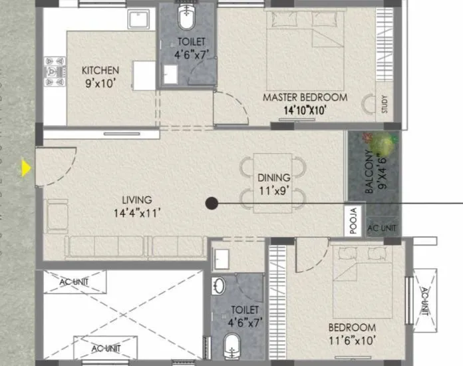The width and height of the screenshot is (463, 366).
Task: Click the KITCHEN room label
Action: pyautogui.click(x=100, y=71)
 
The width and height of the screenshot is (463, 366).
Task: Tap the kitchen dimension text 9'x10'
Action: pyautogui.click(x=100, y=84)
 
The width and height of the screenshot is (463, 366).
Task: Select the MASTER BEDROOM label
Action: pyautogui.click(x=305, y=97)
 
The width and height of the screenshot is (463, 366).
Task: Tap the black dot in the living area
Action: pyautogui.click(x=210, y=204)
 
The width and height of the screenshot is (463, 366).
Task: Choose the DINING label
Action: pyautogui.click(x=274, y=178)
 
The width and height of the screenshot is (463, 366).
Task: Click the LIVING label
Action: pyautogui.click(x=136, y=200)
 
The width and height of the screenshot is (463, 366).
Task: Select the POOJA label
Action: pyautogui.click(x=354, y=222)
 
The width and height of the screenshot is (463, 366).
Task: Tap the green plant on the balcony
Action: pyautogui.click(x=381, y=143)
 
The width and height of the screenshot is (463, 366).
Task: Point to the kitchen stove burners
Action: pyautogui.click(x=53, y=70)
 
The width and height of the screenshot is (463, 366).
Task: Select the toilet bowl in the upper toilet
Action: pyautogui.click(x=185, y=18)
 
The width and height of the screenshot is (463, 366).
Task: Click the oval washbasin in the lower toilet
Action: pyautogui.click(x=219, y=286)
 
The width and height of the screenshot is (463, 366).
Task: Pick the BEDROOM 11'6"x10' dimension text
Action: pyautogui.click(x=351, y=341)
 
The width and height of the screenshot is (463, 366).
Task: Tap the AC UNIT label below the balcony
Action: pyautogui.click(x=382, y=228)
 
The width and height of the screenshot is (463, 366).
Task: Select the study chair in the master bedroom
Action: pyautogui.click(x=368, y=104)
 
